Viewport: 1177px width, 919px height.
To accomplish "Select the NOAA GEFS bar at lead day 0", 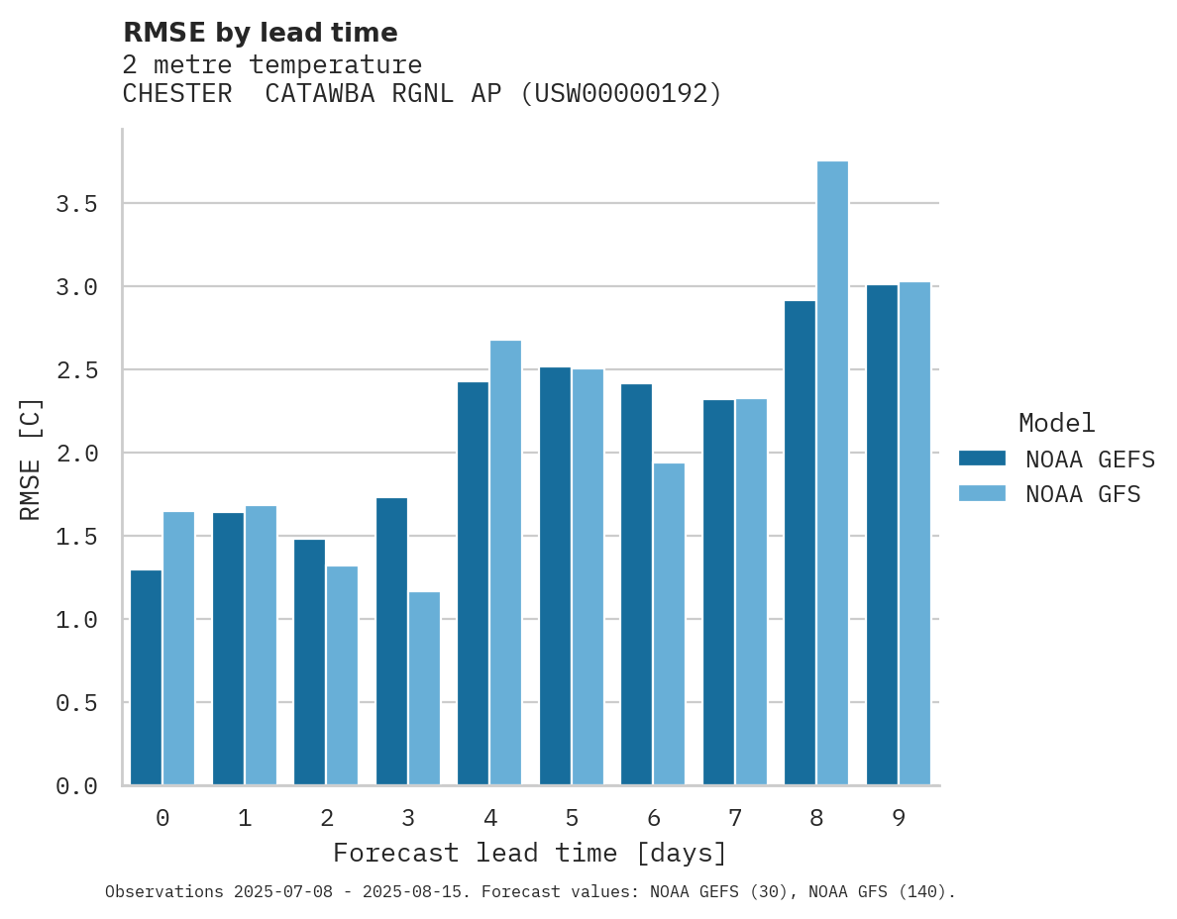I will point(146,677).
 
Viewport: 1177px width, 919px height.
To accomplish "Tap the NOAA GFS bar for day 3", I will point(424,688).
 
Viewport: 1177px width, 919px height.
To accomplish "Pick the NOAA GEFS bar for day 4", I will point(473,583).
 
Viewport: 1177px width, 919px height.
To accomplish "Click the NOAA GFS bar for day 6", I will point(669,624).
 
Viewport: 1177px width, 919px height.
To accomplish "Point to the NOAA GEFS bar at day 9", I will point(882,535).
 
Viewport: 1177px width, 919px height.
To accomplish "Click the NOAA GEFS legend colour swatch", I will point(982,459).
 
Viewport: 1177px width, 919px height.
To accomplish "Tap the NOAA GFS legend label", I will point(1083,494).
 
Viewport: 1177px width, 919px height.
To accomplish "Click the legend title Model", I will point(1056,424).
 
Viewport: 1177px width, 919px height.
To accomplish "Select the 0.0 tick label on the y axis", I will point(76,786).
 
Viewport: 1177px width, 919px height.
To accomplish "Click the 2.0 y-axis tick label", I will point(76,454).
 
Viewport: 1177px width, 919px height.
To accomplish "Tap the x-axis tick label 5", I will point(572,818).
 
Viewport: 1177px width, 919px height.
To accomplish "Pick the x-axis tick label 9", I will point(898,818).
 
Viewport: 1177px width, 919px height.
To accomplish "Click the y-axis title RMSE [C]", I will point(31,459).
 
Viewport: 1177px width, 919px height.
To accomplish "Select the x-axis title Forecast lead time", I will point(530,854).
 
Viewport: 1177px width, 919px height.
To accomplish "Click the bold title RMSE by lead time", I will point(260,33).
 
